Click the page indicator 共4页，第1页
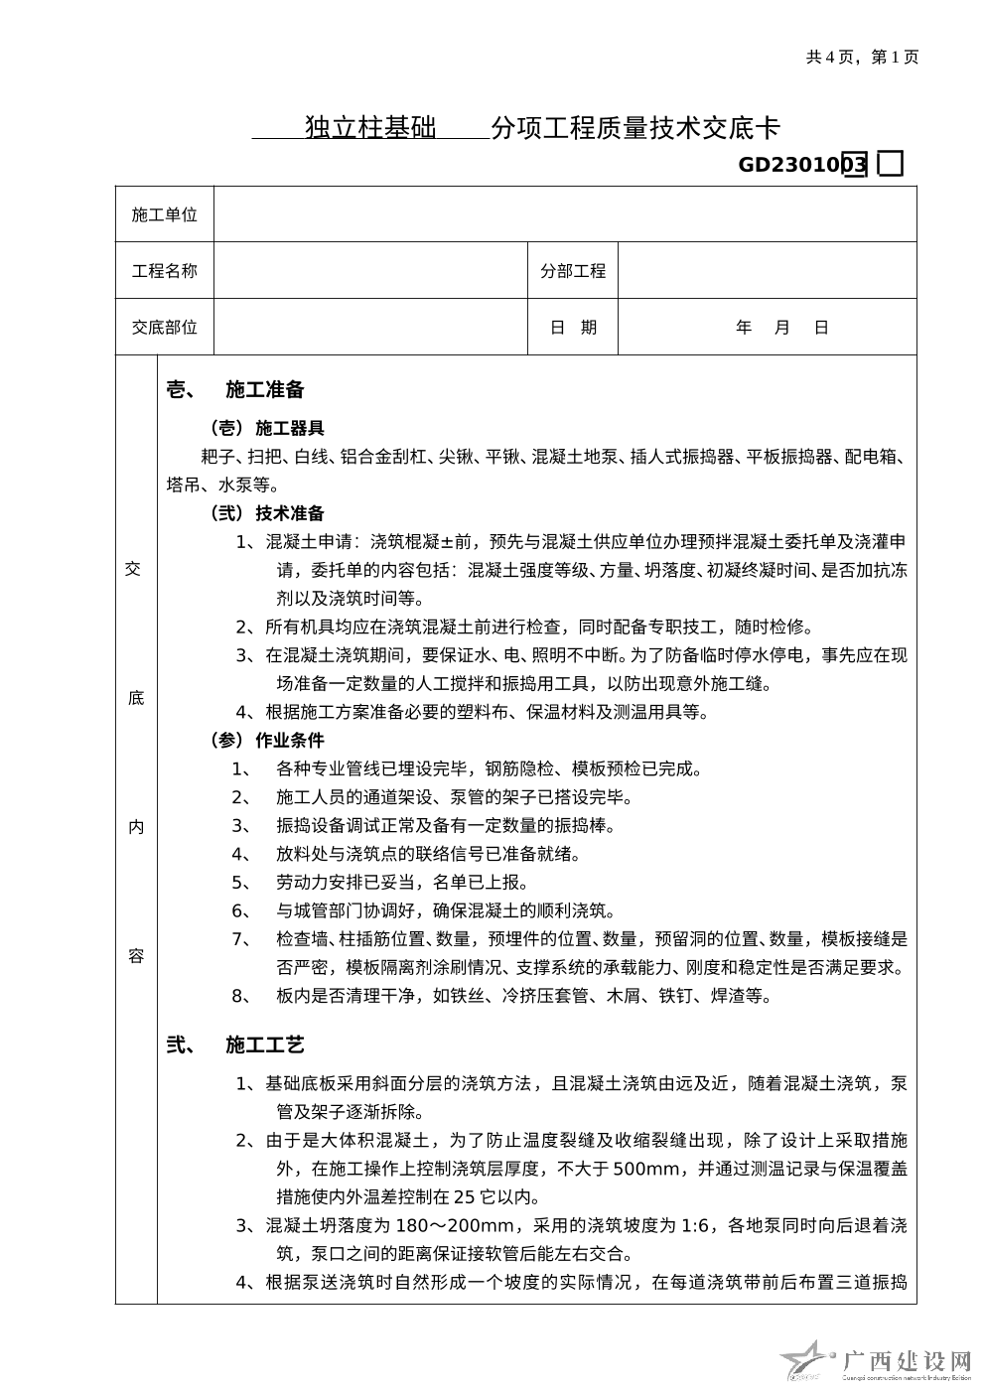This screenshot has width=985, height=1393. coord(862,57)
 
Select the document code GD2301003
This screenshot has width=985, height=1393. coord(802,165)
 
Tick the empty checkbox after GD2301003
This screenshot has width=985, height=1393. coord(891,165)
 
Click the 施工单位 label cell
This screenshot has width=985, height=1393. coord(165,214)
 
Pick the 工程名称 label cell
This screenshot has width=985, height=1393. coord(165,271)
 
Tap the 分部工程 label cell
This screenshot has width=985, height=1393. coord(573,271)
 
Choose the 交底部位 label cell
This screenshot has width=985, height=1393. coord(165,328)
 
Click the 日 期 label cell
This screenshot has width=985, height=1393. coord(573,328)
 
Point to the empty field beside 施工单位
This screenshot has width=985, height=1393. coord(564,214)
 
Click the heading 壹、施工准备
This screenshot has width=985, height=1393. coord(235,390)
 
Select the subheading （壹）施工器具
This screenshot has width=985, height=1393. coord(265,429)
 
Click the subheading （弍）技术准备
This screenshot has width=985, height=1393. coord(265,513)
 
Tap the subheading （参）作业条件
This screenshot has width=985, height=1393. coord(265,740)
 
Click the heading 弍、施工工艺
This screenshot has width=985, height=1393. coord(235,1045)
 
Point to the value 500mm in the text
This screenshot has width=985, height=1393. coord(646,1169)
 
